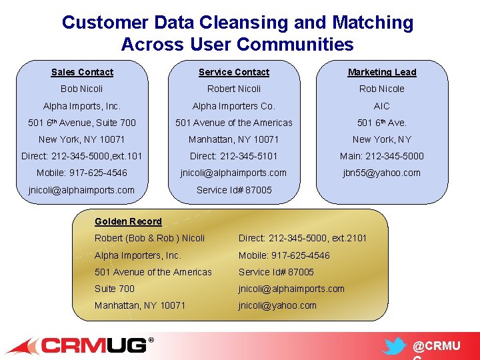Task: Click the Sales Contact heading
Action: [x=82, y=72]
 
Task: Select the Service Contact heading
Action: [x=234, y=72]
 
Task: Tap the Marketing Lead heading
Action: [x=382, y=72]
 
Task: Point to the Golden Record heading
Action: [x=128, y=221]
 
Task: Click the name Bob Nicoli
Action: [x=82, y=89]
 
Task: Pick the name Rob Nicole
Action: [x=382, y=89]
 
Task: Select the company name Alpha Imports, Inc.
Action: [x=82, y=106]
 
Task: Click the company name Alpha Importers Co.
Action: [x=234, y=106]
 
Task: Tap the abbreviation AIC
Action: [x=382, y=106]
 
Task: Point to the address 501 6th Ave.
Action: [x=382, y=123]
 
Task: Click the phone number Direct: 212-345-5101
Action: [x=234, y=156]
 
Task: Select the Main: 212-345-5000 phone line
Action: [x=382, y=156]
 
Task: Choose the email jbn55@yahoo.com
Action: [x=382, y=173]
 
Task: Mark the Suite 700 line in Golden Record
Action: [x=115, y=289]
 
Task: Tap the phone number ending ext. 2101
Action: [x=303, y=238]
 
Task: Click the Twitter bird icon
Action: [x=395, y=346]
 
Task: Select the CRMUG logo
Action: [x=80, y=345]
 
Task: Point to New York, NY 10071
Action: [x=82, y=139]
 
